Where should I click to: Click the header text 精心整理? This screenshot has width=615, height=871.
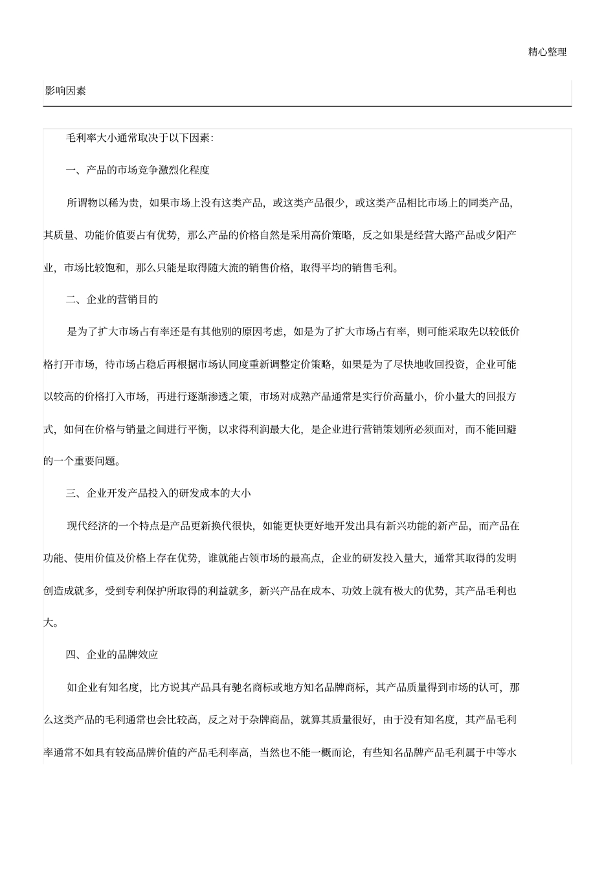[547, 52]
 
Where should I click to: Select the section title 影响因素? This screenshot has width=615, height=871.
[65, 91]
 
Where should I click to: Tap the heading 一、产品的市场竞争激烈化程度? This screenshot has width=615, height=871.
[138, 170]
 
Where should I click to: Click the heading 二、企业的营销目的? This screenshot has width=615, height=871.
[112, 299]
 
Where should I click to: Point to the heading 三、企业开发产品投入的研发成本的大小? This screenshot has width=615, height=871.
[158, 493]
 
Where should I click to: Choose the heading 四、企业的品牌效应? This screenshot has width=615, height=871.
[112, 655]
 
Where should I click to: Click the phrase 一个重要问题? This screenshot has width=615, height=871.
[89, 461]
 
